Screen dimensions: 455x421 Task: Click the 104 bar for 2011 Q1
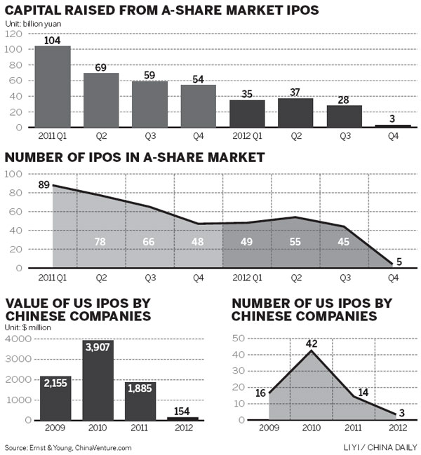53,87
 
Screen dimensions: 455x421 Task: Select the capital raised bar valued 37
295,113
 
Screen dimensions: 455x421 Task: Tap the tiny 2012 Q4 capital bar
392,126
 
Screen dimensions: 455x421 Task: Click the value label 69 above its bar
101,67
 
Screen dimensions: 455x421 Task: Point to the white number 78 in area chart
101,242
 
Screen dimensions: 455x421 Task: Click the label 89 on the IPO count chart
43,185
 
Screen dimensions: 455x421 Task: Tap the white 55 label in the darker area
295,242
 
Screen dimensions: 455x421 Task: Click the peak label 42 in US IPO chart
312,344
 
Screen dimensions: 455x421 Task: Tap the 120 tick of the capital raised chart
12,34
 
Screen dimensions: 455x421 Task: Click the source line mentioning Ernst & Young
67,447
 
